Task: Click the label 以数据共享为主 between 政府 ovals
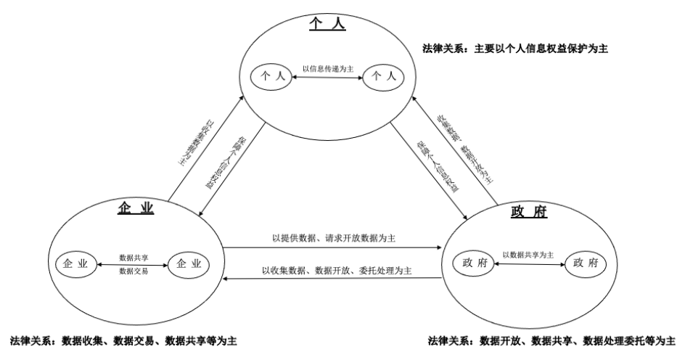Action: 528,255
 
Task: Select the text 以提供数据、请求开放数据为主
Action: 333,237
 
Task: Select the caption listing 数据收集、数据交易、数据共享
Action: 123,340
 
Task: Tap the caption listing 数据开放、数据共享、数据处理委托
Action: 552,340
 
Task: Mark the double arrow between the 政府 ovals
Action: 528,264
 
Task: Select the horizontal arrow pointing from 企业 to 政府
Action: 333,247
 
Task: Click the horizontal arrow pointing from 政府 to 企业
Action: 333,279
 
